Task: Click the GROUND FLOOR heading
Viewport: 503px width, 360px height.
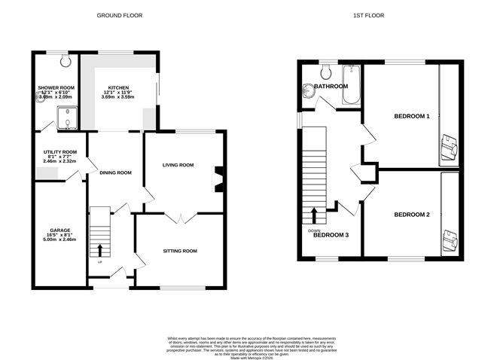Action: pyautogui.click(x=120, y=15)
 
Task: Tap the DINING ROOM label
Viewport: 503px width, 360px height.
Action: pyautogui.click(x=115, y=172)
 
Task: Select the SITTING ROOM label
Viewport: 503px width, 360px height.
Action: pyautogui.click(x=180, y=250)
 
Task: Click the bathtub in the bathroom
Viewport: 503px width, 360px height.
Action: pyautogui.click(x=351, y=84)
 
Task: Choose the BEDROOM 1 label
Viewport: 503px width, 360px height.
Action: pyautogui.click(x=411, y=116)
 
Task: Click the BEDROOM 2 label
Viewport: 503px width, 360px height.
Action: pyautogui.click(x=411, y=215)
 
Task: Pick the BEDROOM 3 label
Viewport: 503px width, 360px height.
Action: pyautogui.click(x=331, y=234)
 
